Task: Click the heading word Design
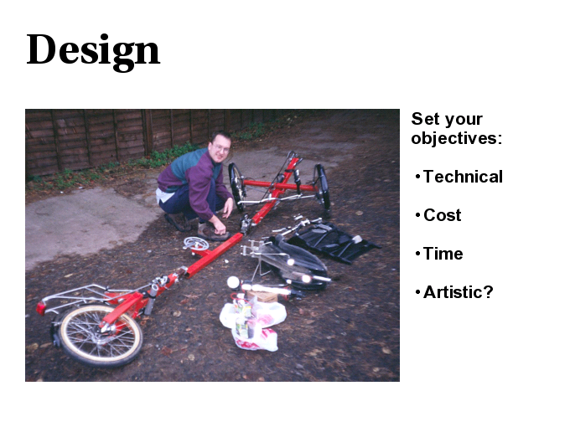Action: coord(93,51)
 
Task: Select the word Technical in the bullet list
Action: coord(463,177)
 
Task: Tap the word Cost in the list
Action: coord(442,215)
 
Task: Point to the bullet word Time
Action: coord(443,254)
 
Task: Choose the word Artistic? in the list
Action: coord(458,292)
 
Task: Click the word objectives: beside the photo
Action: coord(457,138)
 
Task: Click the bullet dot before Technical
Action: coord(417,177)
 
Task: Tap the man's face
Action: coord(220,147)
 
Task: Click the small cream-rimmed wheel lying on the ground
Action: coord(101,335)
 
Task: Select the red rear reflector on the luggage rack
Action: coord(41,308)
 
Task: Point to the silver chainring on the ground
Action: coord(196,244)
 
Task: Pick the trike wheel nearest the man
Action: coord(236,187)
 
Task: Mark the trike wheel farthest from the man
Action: coord(323,187)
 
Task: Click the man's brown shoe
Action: coord(213,233)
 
